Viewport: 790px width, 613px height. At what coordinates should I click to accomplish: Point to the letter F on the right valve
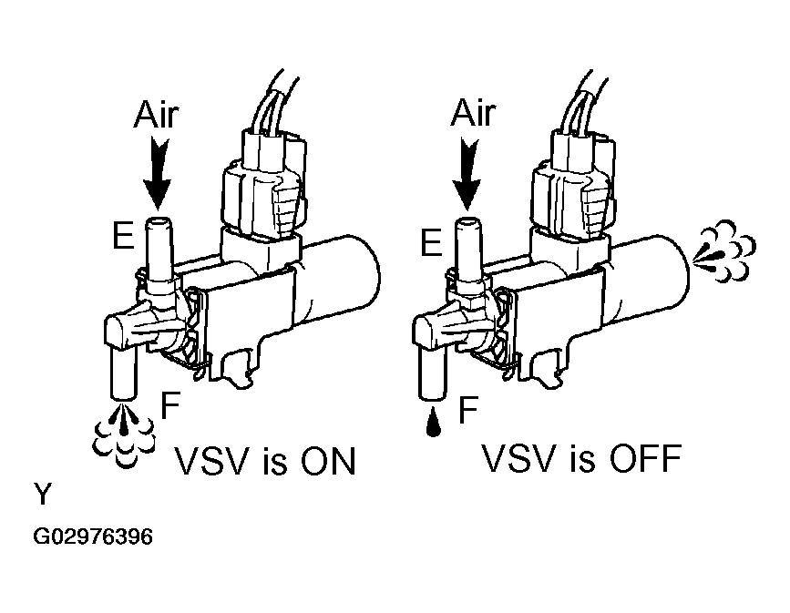coord(467,410)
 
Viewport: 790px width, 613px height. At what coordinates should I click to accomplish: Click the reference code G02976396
coord(93,536)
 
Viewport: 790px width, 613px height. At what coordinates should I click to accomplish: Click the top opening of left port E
coord(159,221)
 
